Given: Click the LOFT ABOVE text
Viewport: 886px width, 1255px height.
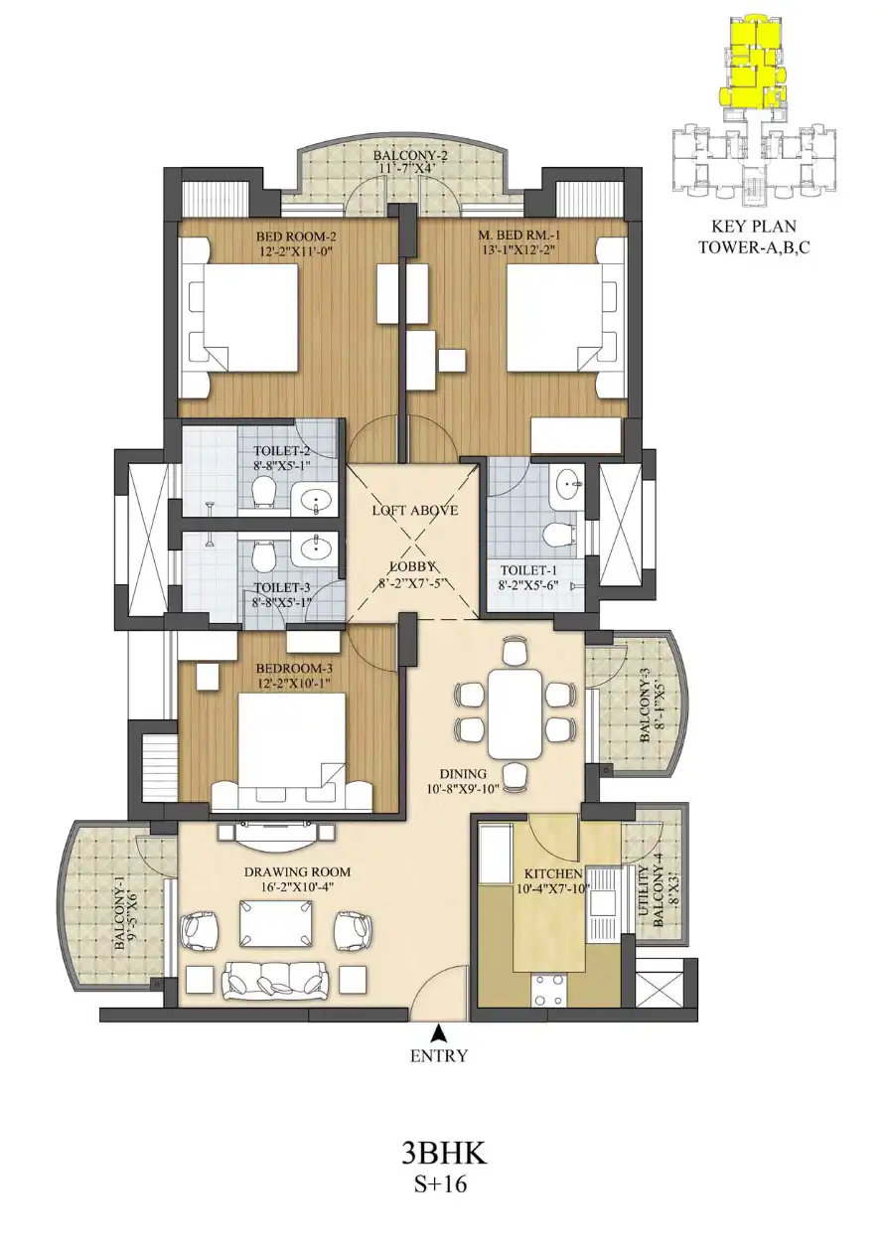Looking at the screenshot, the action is coord(415,511).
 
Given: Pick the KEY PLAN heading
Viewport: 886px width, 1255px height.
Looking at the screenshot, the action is coord(753,227).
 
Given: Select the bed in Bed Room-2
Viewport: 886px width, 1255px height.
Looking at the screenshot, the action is coord(237,317).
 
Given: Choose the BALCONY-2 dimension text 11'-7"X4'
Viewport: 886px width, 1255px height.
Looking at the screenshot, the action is coord(411,167).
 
